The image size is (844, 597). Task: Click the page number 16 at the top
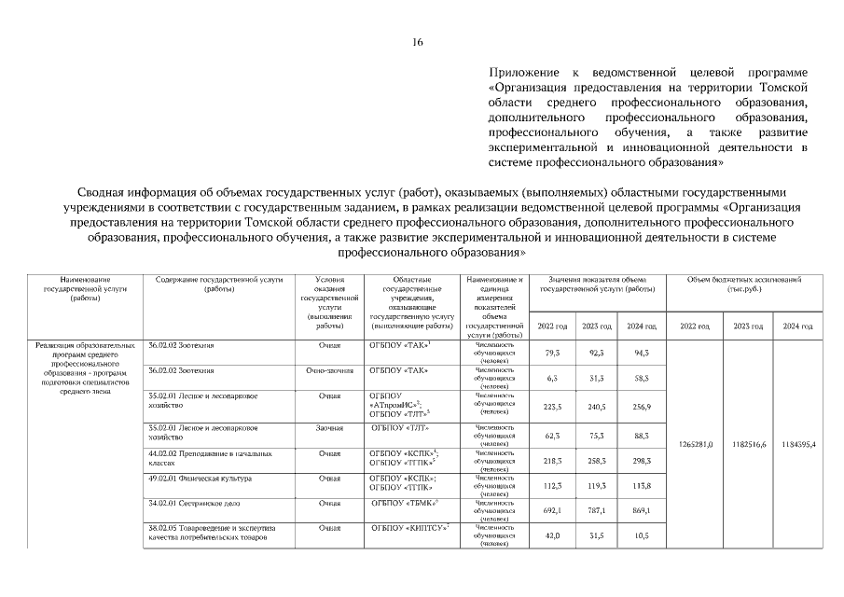pyautogui.click(x=419, y=43)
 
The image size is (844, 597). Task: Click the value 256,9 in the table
pyautogui.click(x=641, y=407)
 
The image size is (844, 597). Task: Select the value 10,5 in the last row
pyautogui.click(x=641, y=535)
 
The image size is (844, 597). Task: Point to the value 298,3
pyautogui.click(x=641, y=461)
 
